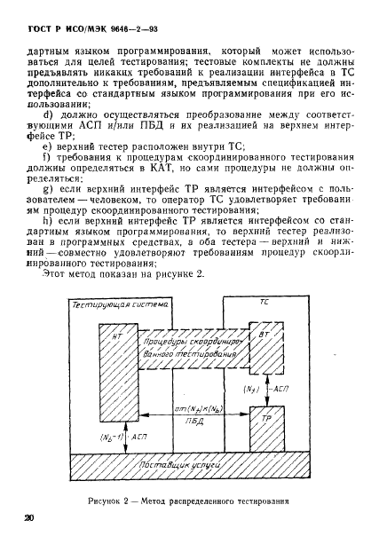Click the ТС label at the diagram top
[264, 304]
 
